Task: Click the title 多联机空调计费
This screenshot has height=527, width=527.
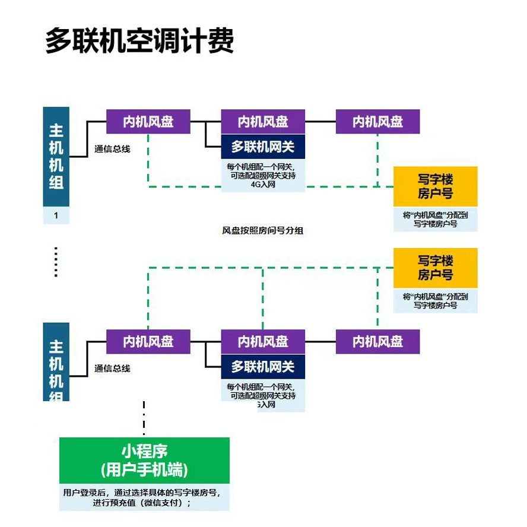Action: click(140, 40)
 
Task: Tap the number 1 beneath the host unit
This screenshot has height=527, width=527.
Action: click(56, 215)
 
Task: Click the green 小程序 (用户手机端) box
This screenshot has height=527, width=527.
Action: click(144, 461)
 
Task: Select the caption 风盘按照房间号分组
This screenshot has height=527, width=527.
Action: click(262, 230)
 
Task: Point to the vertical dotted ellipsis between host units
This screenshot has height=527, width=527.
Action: click(56, 262)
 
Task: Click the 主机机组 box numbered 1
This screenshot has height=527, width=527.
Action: click(56, 157)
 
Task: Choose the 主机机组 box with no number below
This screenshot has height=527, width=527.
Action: click(56, 362)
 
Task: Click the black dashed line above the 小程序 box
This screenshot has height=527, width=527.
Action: click(144, 418)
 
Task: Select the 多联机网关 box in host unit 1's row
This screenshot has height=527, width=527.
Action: click(263, 147)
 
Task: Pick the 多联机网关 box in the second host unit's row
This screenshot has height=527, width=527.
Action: click(263, 367)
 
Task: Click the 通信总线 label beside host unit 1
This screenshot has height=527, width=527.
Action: click(112, 149)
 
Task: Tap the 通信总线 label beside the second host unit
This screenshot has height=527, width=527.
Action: click(112, 369)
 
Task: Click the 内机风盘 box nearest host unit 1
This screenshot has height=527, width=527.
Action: click(148, 122)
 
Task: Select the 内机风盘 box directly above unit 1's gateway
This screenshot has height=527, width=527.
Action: click(263, 122)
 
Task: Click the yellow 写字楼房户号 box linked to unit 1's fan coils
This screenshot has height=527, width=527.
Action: click(436, 186)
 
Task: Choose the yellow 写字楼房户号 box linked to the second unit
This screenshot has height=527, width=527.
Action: click(436, 268)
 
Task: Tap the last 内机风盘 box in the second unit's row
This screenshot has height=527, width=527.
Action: click(377, 342)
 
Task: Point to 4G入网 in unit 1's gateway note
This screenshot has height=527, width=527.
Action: click(263, 185)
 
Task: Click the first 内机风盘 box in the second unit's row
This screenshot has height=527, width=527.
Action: click(148, 342)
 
